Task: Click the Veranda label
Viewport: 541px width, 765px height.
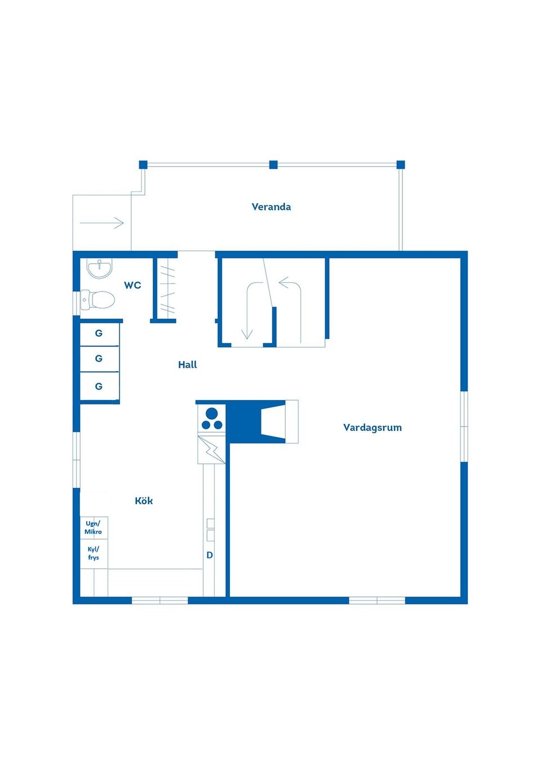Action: [x=271, y=207]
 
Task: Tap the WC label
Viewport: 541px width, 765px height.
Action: [x=132, y=285]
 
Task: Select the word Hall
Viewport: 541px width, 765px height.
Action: [x=188, y=364]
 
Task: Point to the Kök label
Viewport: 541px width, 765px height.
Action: [x=144, y=501]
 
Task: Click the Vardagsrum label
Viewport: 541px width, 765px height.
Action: [x=373, y=428]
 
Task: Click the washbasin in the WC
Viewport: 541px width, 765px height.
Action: [x=99, y=268]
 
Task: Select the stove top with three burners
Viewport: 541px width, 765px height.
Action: [x=212, y=419]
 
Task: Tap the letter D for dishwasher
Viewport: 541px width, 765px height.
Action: [x=210, y=555]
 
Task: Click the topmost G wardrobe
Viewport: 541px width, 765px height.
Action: [x=99, y=333]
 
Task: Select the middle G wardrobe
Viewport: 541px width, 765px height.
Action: [x=99, y=359]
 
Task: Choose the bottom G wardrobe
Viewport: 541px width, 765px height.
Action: [x=99, y=386]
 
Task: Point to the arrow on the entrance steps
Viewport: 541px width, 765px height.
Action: [x=101, y=223]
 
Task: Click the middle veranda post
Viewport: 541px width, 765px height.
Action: [x=273, y=165]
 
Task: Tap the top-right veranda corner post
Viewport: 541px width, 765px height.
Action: [x=401, y=165]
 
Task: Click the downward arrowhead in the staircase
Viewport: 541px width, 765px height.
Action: [x=247, y=334]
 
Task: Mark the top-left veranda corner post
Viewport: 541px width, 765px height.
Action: [x=143, y=165]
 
